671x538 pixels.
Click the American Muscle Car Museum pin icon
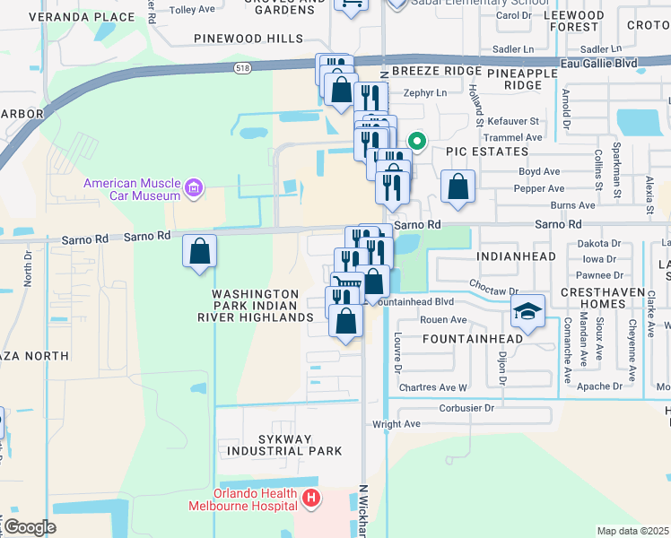point(193,188)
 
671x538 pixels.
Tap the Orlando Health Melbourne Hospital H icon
point(310,497)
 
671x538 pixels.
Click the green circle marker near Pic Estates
point(416,141)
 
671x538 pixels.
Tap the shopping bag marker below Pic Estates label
point(457,187)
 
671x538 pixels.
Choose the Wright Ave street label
point(400,424)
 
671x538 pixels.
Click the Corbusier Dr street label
point(466,408)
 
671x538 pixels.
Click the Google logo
point(29,526)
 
